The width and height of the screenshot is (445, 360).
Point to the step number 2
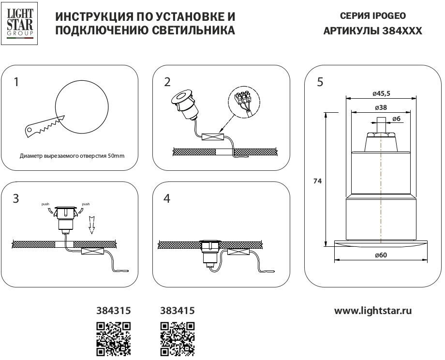(x=167, y=82)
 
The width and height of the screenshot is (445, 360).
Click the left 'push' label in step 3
(x=45, y=204)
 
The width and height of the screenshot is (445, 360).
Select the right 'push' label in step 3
(x=86, y=204)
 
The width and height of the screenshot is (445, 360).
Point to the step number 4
(x=167, y=198)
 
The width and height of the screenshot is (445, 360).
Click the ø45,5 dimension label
(x=380, y=92)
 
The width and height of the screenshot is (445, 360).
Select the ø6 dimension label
(x=396, y=119)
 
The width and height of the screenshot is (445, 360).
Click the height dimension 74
(x=317, y=181)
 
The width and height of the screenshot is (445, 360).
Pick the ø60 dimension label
(x=380, y=255)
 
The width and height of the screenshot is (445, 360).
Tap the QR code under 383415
(x=177, y=339)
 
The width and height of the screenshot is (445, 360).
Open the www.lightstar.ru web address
(x=373, y=311)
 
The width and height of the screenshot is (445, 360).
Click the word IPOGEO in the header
(x=389, y=15)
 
